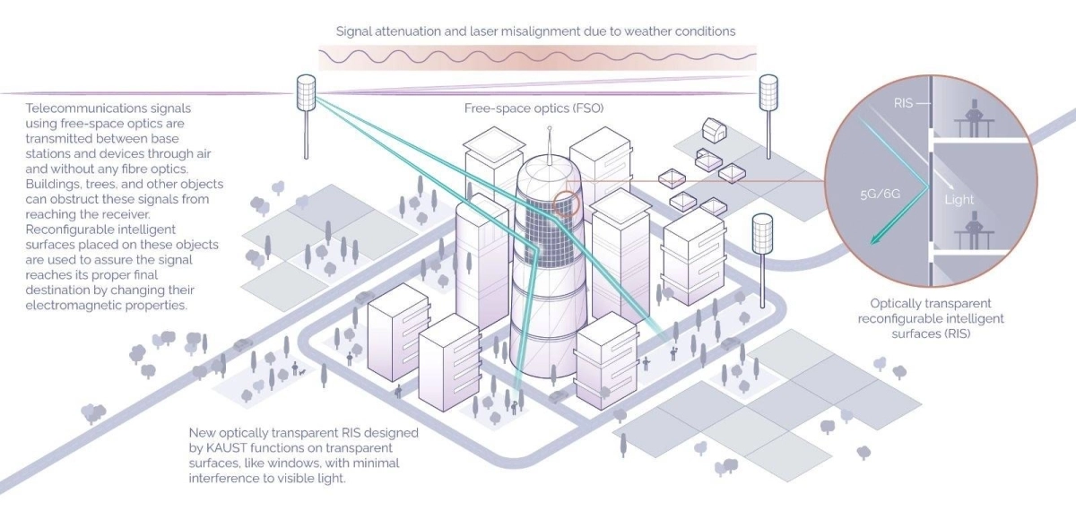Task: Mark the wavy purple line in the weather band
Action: point(538,55)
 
